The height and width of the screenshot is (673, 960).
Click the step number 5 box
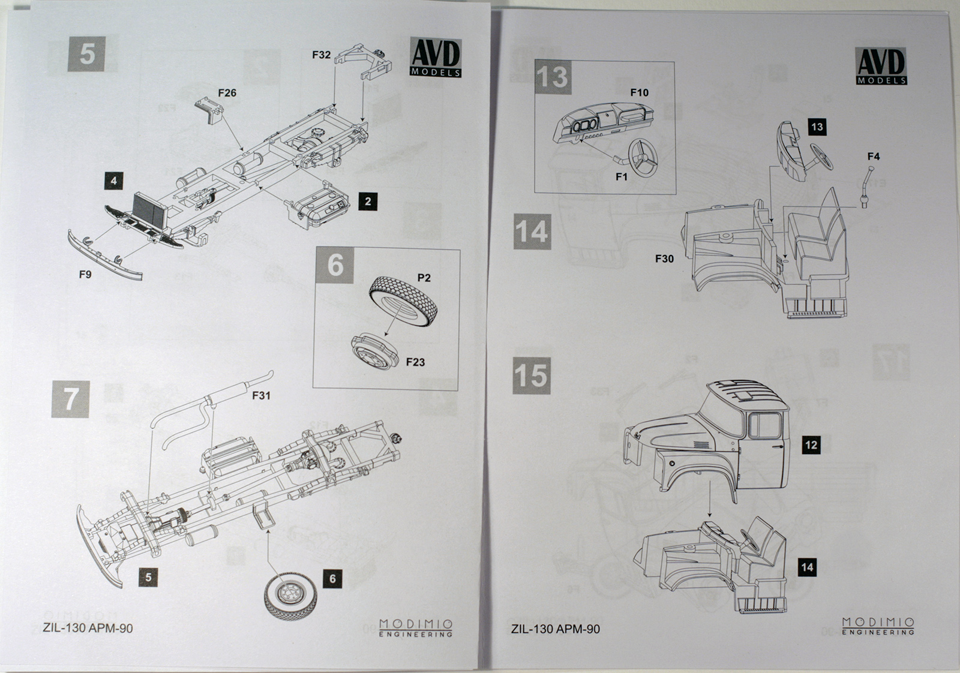point(87,53)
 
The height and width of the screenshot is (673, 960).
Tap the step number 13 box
point(552,77)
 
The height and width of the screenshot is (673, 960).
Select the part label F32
point(321,55)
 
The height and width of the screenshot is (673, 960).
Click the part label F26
point(227,93)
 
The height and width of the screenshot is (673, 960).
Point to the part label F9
point(85,274)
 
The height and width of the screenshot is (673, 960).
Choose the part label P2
point(424,278)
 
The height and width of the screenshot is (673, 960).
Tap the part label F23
point(415,362)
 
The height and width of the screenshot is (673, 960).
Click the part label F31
point(261,395)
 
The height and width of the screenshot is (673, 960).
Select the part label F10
point(639,92)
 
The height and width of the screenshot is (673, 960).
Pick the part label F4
point(873,157)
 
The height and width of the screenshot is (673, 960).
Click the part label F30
point(664,259)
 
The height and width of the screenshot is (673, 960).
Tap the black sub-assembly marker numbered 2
point(368,202)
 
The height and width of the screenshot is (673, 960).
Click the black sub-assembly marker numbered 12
point(811,445)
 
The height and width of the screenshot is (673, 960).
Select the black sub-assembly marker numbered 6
point(332,579)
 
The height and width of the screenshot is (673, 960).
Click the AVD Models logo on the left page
point(436,58)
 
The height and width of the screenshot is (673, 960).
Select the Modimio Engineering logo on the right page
point(878,626)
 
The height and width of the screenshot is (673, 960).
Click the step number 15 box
point(532,376)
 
